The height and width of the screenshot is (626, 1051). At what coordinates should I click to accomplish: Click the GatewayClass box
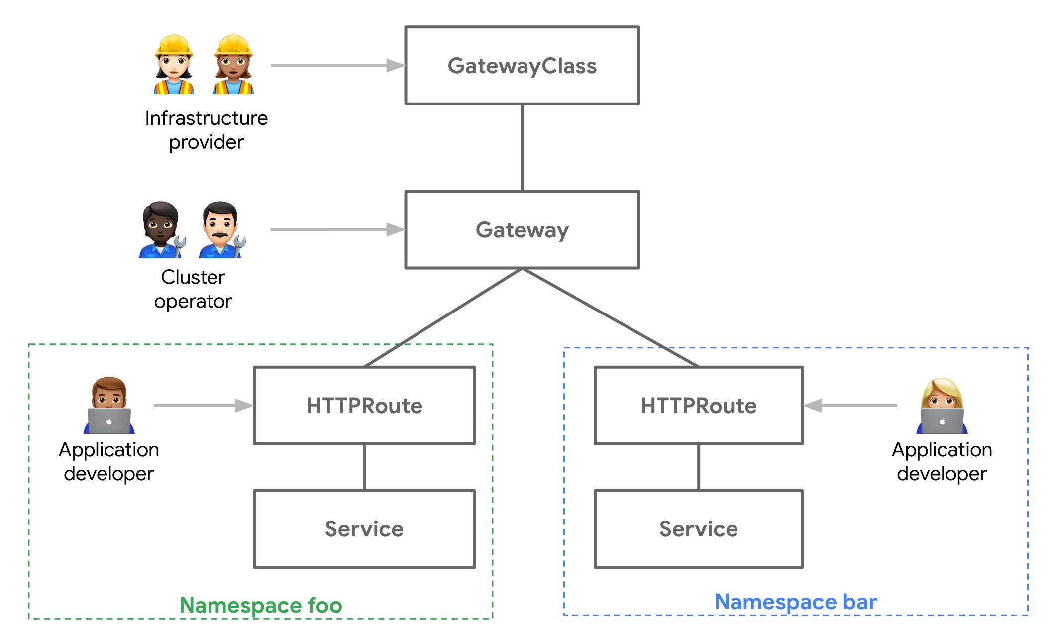[522, 66]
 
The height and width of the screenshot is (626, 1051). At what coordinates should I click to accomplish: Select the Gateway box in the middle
[522, 230]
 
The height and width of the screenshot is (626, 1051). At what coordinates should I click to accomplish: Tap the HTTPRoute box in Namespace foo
[364, 406]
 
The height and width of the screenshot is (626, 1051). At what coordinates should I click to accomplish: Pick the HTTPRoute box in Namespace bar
[699, 406]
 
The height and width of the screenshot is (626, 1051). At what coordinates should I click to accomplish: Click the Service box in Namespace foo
[364, 529]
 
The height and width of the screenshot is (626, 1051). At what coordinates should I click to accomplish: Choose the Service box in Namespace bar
[699, 529]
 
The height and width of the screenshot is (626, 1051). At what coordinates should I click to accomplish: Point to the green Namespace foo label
[261, 605]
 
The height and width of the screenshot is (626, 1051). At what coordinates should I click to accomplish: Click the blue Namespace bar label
[796, 602]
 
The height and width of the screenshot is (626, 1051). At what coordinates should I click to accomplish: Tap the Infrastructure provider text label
[206, 130]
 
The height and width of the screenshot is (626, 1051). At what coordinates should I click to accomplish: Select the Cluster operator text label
[193, 289]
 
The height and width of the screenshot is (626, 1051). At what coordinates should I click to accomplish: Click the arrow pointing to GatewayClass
[337, 65]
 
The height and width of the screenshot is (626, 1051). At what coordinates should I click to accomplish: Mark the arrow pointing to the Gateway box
[337, 229]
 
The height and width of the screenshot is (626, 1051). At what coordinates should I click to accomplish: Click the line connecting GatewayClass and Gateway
[522, 148]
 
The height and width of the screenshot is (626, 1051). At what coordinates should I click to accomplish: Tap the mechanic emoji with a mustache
[221, 230]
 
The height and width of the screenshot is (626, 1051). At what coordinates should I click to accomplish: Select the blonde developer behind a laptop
[942, 406]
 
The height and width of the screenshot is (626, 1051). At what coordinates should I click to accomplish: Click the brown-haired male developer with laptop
[109, 406]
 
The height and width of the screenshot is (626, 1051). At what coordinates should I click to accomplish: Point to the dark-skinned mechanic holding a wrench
[161, 230]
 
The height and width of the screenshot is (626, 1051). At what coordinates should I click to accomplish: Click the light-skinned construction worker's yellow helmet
[174, 45]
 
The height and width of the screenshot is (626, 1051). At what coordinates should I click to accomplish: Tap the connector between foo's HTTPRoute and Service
[364, 467]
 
